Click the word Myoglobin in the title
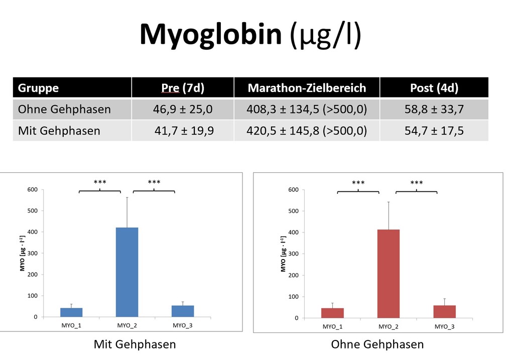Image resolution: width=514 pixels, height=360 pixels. click(x=210, y=35)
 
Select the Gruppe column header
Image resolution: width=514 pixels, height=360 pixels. click(x=38, y=88)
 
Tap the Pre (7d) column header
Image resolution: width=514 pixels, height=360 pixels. click(x=183, y=88)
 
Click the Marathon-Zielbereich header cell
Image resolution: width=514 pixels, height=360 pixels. click(x=307, y=88)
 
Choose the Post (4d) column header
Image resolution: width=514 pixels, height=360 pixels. click(x=434, y=88)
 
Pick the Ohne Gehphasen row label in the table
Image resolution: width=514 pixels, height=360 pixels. click(x=64, y=109)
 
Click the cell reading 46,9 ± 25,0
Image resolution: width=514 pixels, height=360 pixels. click(x=183, y=109)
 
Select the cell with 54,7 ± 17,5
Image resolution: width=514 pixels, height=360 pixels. click(x=434, y=131)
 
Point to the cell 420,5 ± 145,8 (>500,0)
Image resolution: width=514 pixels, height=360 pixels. click(x=307, y=131)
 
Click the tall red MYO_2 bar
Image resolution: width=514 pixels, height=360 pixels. click(x=389, y=274)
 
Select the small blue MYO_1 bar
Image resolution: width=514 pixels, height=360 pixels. click(x=71, y=312)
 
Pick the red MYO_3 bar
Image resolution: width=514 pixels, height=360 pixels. click(x=444, y=312)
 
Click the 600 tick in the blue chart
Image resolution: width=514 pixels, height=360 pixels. click(x=32, y=189)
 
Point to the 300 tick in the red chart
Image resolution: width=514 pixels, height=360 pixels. click(x=293, y=254)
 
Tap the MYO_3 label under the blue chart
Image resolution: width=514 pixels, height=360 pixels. click(x=183, y=326)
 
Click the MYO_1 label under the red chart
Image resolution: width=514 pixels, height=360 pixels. click(x=332, y=327)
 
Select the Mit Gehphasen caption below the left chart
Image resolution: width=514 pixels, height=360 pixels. click(x=135, y=344)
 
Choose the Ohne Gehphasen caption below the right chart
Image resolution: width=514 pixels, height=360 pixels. click(x=377, y=344)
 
